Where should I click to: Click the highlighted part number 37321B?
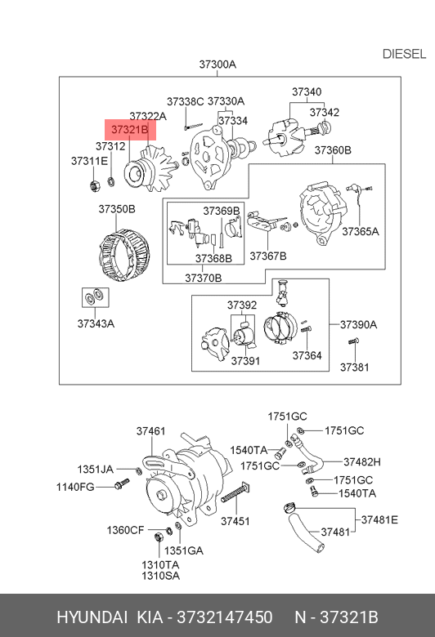point(130,130)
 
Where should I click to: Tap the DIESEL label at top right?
point(404,54)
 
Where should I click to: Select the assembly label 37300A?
point(217,65)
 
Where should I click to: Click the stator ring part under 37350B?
point(124,255)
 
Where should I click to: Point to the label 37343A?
point(96,323)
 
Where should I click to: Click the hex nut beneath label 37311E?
point(95,186)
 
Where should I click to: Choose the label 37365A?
point(360,232)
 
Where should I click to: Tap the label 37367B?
point(267,256)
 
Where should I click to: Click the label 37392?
point(242,305)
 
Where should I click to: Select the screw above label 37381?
point(353,341)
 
